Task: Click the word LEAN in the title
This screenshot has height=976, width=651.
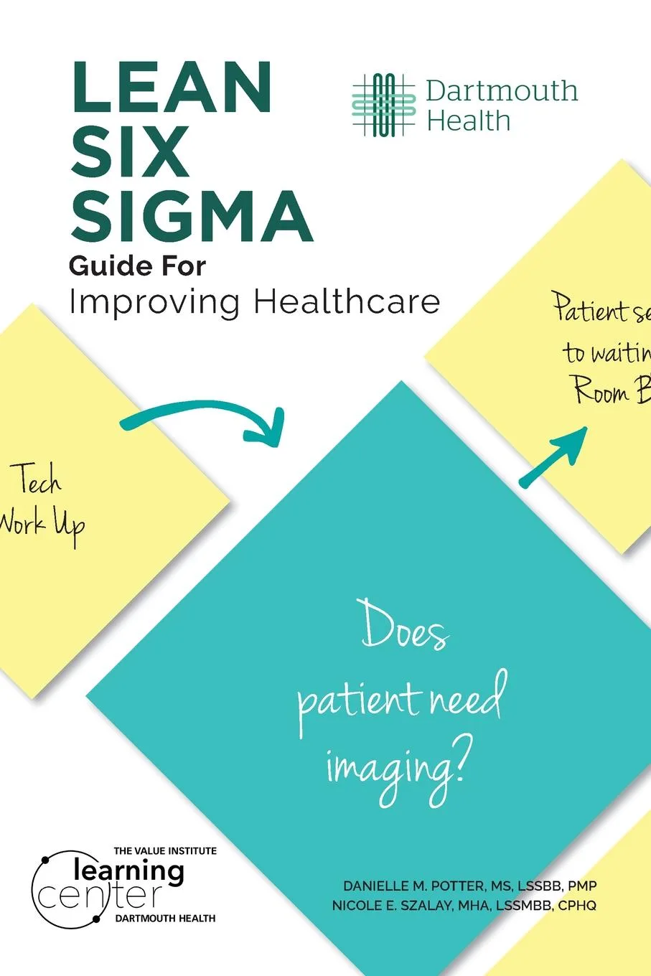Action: (x=171, y=87)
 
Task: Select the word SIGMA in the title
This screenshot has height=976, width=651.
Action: (x=191, y=216)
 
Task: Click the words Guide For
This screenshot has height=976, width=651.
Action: (x=137, y=266)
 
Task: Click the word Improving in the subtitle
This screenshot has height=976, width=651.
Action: (x=154, y=303)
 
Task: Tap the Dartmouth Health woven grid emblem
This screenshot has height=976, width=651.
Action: (x=384, y=105)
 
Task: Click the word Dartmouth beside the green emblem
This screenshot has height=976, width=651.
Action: (x=502, y=91)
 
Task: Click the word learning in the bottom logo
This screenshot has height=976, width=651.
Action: (x=129, y=871)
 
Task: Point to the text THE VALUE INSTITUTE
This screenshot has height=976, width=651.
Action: (x=165, y=850)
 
